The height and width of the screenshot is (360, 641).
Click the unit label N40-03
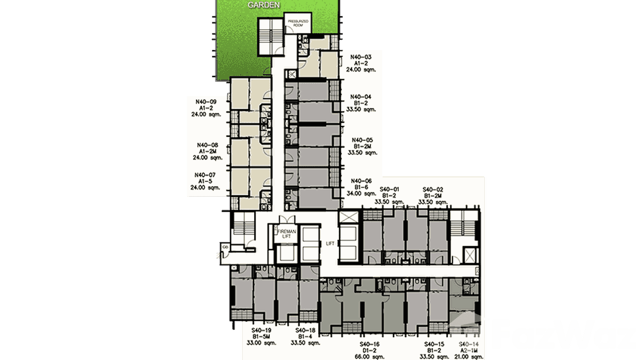(x=361, y=56)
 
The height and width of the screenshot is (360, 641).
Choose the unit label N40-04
(x=361, y=96)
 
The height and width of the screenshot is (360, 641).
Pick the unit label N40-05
(x=361, y=140)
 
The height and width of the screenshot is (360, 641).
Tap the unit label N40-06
(x=361, y=180)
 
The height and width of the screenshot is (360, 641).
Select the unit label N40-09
(x=206, y=101)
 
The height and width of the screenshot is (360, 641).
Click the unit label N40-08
(x=207, y=145)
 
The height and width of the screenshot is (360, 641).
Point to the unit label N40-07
(x=205, y=175)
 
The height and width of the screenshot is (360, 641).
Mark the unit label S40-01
(x=390, y=189)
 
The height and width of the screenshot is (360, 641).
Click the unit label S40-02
(x=433, y=189)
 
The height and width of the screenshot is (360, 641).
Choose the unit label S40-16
(x=369, y=344)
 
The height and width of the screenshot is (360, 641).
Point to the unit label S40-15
(x=434, y=344)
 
